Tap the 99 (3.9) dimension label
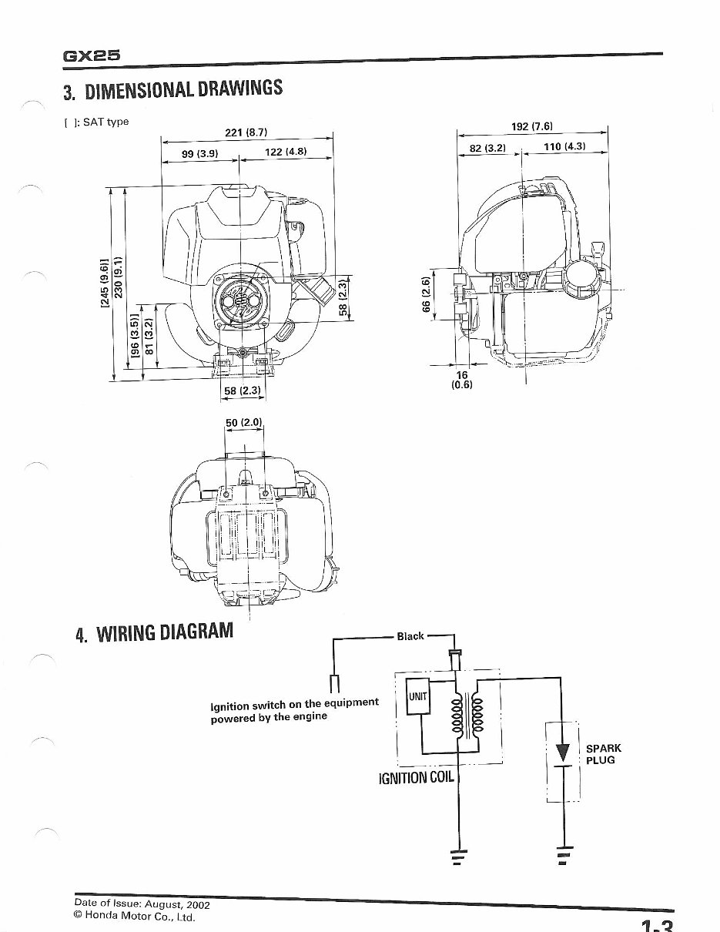(x=200, y=153)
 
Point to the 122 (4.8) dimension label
(x=286, y=152)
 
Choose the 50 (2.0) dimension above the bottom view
(x=244, y=422)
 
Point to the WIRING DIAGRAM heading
(x=154, y=634)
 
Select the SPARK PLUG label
(x=603, y=754)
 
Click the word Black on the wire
(x=410, y=636)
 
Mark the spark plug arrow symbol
(x=564, y=750)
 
